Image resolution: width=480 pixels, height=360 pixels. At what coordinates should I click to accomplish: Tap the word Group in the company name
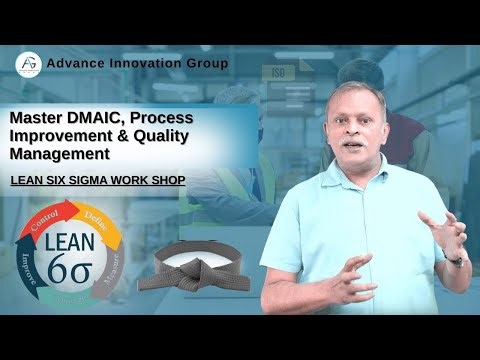[x=206, y=64]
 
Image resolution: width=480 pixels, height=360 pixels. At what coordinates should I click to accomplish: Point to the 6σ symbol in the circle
[x=69, y=268]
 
